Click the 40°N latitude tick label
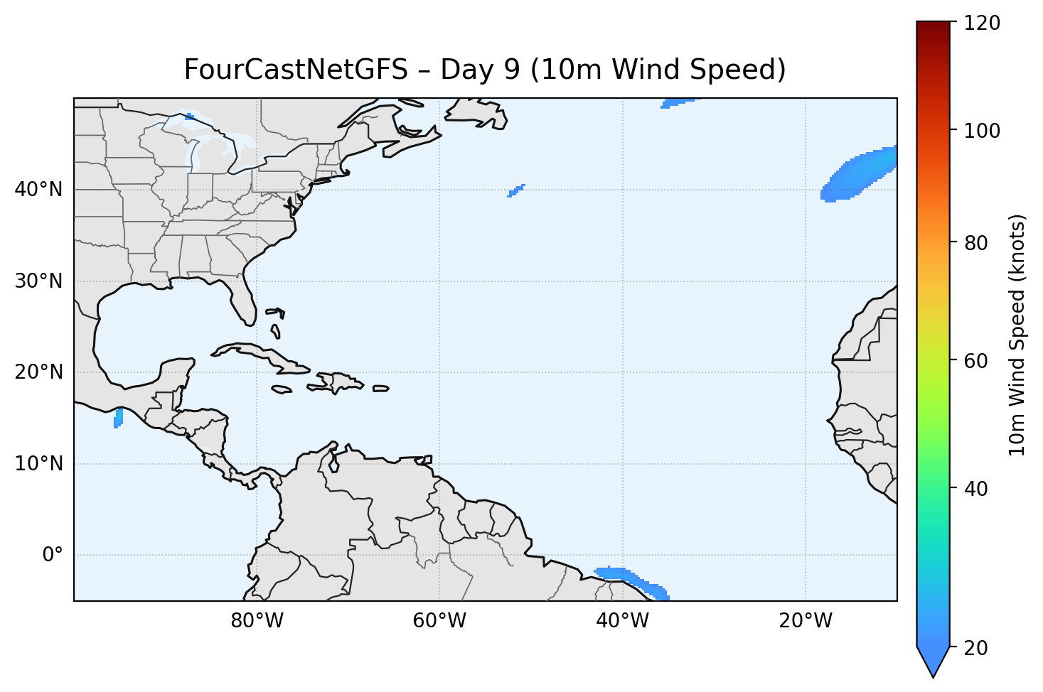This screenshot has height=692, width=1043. click(x=38, y=190)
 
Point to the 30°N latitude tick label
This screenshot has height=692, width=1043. click(x=38, y=281)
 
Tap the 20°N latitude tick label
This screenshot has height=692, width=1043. click(x=38, y=372)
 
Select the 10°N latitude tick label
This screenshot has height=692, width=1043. click(x=38, y=464)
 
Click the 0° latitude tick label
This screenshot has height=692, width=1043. click(x=53, y=555)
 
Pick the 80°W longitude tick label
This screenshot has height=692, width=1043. click(x=257, y=621)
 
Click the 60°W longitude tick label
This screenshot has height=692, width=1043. click(x=439, y=621)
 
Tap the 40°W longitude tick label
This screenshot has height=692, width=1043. click(x=622, y=621)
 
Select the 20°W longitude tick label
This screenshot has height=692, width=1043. click(x=805, y=621)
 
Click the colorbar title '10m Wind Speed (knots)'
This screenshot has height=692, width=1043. click(x=1017, y=335)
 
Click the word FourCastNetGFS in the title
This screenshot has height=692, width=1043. click(x=296, y=70)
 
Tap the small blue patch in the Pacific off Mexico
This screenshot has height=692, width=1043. click(x=118, y=418)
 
